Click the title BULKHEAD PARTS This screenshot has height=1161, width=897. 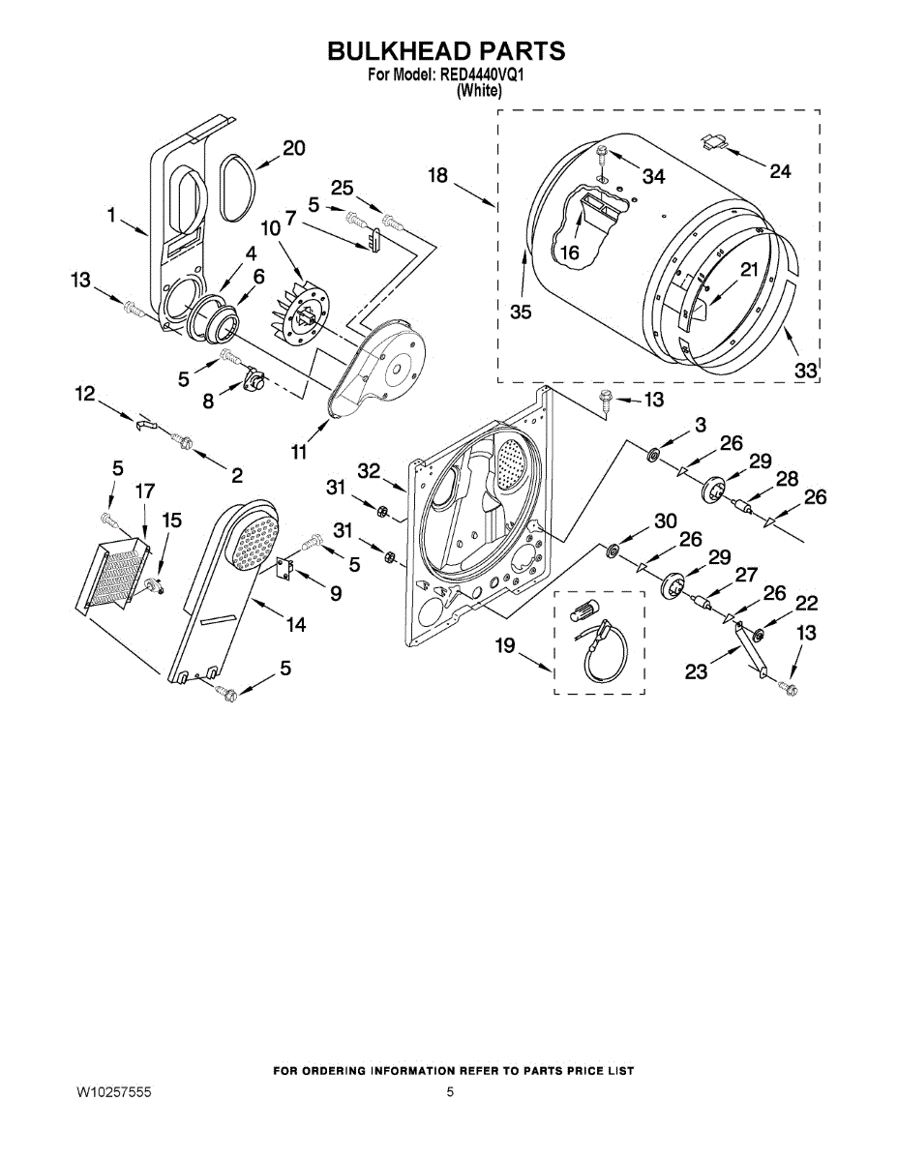tap(445, 51)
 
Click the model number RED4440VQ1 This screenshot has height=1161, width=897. tap(482, 74)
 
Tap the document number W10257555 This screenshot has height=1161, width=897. tap(113, 1092)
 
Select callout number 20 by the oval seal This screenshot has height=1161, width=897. tap(293, 148)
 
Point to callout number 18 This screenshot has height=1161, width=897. tap(437, 175)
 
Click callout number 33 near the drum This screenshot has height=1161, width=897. tap(806, 370)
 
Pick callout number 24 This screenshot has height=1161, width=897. tap(780, 171)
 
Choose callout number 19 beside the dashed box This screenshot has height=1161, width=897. tap(505, 645)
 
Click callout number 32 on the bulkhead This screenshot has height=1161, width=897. tap(368, 471)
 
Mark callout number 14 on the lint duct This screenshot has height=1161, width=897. tap(295, 625)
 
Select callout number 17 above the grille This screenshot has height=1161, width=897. tap(144, 491)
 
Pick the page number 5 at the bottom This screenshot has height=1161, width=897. tap(450, 1092)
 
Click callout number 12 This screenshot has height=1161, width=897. tap(85, 393)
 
